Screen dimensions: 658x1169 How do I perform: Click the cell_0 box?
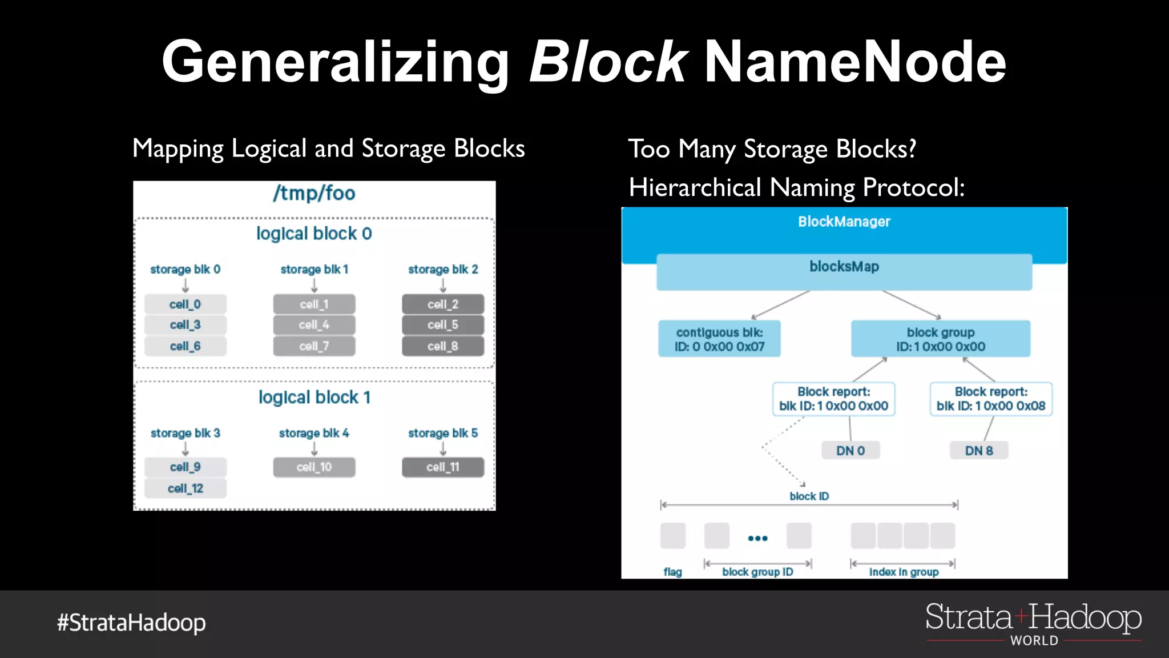tap(185, 304)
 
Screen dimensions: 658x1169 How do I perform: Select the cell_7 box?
tap(314, 346)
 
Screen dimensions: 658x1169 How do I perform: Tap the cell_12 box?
tap(185, 488)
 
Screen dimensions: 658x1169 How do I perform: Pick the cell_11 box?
tap(442, 467)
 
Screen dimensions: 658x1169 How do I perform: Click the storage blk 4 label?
tap(314, 433)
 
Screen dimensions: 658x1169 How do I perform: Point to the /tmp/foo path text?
tap(314, 193)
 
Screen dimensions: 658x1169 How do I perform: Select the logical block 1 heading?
tap(315, 397)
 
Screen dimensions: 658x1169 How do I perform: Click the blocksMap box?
tap(844, 272)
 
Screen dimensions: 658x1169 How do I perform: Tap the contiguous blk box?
tap(719, 339)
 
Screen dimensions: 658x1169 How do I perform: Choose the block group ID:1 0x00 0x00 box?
tap(940, 339)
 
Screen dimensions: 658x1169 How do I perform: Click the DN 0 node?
tap(850, 451)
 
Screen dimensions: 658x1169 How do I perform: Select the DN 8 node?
tap(979, 451)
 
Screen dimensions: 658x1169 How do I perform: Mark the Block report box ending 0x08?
tap(991, 399)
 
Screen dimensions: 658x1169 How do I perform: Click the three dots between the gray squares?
tap(757, 538)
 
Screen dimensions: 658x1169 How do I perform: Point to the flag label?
tap(672, 572)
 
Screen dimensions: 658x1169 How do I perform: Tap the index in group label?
tap(904, 572)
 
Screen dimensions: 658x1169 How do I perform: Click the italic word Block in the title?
tap(608, 62)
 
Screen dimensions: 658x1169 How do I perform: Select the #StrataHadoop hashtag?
tap(131, 623)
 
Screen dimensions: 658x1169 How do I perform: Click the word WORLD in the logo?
tap(1034, 641)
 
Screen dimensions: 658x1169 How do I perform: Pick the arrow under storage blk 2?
tap(443, 285)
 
